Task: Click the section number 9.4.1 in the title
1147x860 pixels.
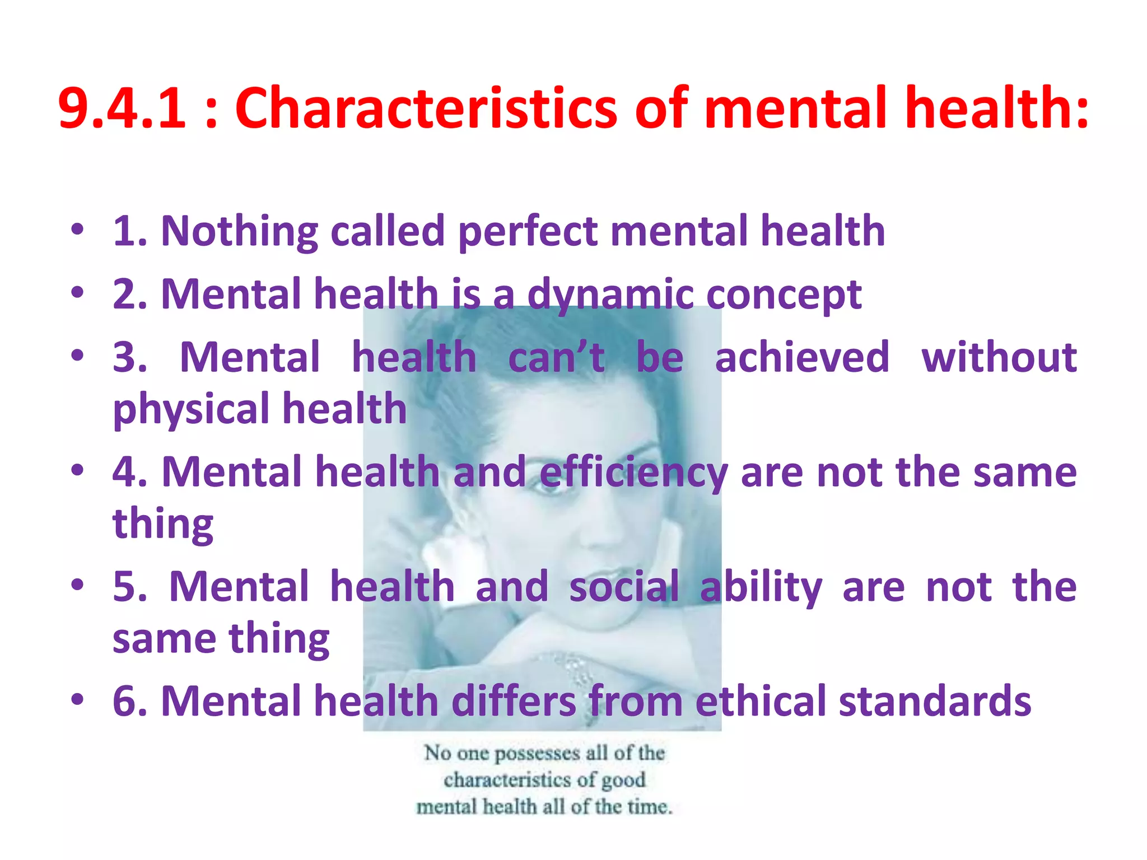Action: click(122, 107)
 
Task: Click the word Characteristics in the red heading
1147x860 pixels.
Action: click(426, 107)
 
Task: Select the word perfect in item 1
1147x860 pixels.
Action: click(528, 232)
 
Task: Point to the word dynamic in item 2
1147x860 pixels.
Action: click(610, 295)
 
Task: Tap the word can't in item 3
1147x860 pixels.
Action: click(556, 357)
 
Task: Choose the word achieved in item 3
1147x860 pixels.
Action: click(802, 357)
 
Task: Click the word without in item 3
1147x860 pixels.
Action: click(999, 357)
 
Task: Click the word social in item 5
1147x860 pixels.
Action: click(624, 587)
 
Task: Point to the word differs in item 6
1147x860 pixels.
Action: click(514, 701)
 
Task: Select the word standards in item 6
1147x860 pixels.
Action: click(935, 701)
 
